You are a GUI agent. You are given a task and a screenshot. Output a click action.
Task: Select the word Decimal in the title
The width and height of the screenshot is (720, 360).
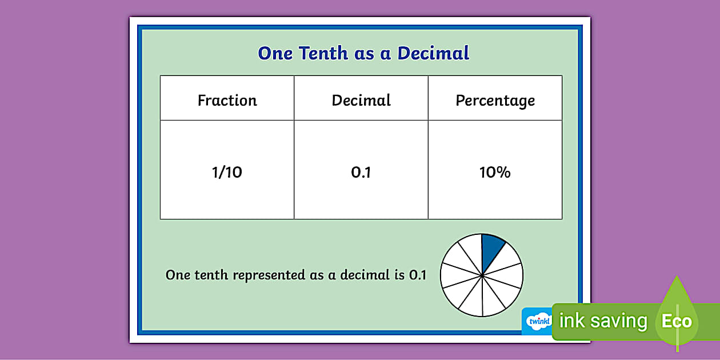tap(433, 53)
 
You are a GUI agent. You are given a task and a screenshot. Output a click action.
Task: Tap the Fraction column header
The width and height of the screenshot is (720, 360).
tap(227, 101)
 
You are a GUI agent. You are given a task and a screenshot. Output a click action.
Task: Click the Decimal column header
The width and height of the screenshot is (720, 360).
tap(361, 101)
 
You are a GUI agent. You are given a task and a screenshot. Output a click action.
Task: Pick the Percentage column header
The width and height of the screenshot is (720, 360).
tap(495, 101)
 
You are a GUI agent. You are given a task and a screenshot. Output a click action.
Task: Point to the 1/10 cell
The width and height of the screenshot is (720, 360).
tap(227, 172)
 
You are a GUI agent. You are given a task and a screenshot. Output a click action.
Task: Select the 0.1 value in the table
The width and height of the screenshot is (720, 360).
tap(361, 172)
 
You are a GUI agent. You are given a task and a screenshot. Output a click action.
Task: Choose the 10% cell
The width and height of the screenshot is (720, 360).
tap(495, 172)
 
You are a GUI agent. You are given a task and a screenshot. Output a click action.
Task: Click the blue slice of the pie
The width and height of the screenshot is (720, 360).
tap(491, 248)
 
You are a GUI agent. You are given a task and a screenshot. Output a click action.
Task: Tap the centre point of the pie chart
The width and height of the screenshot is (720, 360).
tap(482, 275)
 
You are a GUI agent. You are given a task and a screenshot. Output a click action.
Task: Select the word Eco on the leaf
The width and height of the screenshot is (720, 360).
tap(677, 321)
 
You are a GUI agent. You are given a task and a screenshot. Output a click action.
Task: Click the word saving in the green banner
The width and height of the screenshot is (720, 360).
tap(618, 321)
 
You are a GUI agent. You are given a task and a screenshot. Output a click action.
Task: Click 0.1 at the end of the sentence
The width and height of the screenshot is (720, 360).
tap(418, 275)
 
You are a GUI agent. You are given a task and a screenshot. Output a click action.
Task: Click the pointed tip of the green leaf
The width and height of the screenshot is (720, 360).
tap(677, 277)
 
